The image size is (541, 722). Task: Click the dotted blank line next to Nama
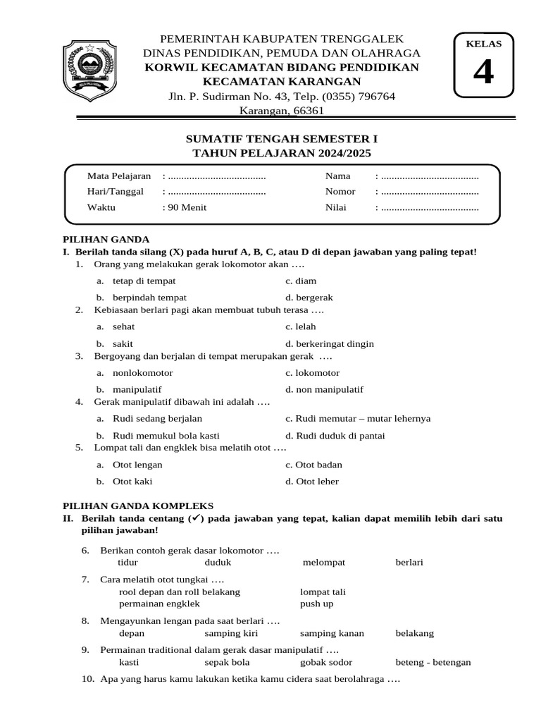(430, 176)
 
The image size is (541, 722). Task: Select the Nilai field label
(335, 208)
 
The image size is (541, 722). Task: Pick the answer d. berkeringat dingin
(329, 344)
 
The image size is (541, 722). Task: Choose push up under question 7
(316, 604)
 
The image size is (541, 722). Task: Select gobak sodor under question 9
(326, 662)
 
